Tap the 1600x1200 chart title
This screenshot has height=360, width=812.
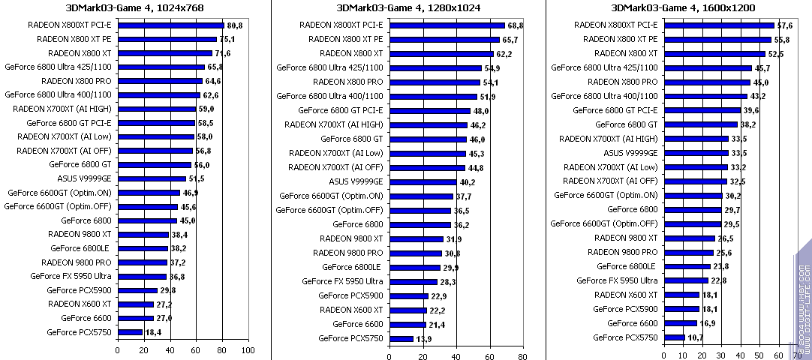(x=683, y=7)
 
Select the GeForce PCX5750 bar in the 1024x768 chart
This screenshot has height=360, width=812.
(x=130, y=331)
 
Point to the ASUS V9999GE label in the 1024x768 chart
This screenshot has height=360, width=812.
(x=84, y=178)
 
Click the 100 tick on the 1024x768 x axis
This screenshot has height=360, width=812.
(x=248, y=349)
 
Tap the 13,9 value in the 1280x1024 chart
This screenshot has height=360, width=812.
(x=424, y=339)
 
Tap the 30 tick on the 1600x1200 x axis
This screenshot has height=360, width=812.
(x=720, y=356)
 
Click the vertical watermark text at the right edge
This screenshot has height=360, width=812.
(x=802, y=300)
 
